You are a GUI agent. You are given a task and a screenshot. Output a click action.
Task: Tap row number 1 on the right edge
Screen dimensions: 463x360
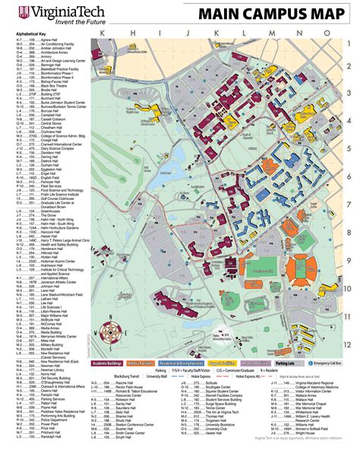coord(348,66)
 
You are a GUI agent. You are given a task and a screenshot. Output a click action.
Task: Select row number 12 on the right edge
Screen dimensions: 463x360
coord(348,344)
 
